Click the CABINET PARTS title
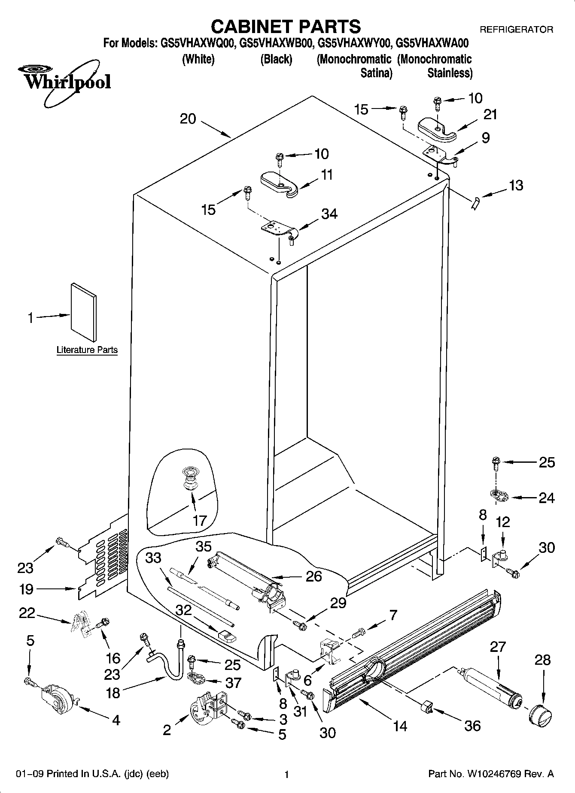click(286, 27)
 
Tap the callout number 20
click(188, 119)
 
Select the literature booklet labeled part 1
click(84, 312)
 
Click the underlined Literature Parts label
click(87, 350)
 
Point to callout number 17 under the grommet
click(200, 521)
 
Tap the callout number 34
click(329, 214)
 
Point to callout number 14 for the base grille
click(400, 726)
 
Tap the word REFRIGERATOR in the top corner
click(516, 30)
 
